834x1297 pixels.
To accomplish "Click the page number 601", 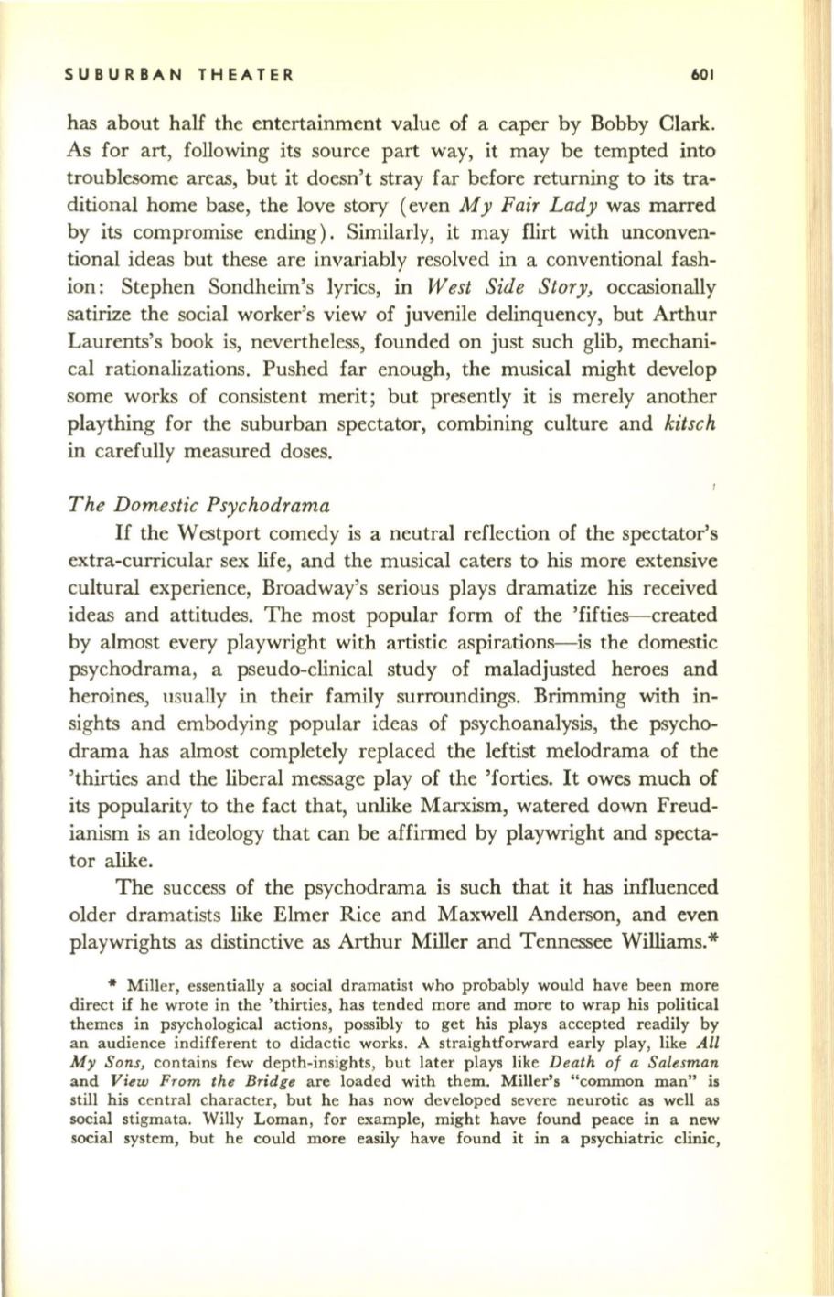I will [x=707, y=75].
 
